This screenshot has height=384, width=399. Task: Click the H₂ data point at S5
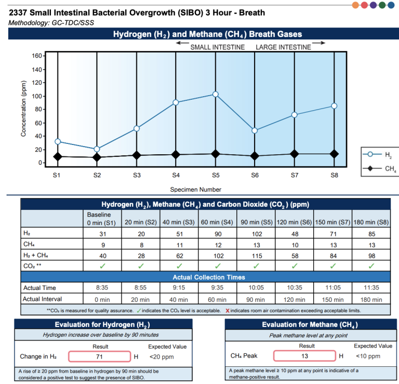pos(216,95)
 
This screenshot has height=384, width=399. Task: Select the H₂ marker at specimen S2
pos(97,149)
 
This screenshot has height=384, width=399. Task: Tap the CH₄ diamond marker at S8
pos(334,154)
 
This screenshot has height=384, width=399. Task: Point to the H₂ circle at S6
pos(255,130)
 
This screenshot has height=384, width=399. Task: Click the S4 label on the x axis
pos(176,175)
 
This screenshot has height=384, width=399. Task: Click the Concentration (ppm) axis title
pos(23,109)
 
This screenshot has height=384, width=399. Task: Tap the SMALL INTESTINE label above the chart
pos(217,47)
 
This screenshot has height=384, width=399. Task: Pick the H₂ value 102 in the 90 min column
pos(256,234)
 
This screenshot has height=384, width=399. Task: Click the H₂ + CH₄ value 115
pos(256,256)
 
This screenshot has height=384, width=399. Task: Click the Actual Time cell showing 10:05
pos(256,288)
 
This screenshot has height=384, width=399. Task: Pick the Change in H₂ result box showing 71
pos(99,356)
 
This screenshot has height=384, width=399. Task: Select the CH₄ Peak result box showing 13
pos(304,356)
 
